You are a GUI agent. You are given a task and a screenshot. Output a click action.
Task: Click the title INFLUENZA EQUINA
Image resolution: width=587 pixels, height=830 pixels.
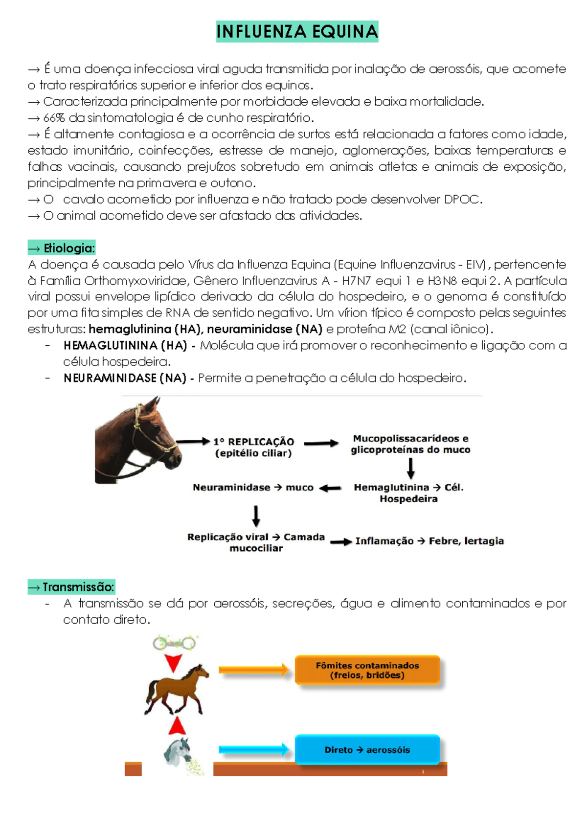click(x=297, y=32)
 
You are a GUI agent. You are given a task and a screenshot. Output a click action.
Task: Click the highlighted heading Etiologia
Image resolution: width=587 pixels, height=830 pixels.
click(x=62, y=248)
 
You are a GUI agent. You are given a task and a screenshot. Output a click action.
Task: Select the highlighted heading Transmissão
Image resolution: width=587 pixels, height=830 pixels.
click(x=71, y=587)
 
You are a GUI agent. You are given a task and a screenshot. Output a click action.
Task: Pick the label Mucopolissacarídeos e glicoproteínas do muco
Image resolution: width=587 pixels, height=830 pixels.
click(x=410, y=444)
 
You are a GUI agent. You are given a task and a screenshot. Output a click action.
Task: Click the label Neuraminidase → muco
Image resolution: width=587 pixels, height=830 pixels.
click(x=253, y=488)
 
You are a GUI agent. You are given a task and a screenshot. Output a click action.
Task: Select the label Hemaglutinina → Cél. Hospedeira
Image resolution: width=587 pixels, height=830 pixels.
click(x=408, y=493)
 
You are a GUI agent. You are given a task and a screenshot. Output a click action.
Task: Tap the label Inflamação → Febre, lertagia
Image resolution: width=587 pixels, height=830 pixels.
click(x=429, y=541)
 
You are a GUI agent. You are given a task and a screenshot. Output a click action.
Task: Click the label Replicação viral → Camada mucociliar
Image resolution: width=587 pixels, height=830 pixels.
click(x=256, y=542)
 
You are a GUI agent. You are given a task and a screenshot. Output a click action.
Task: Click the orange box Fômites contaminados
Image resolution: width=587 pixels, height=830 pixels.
click(x=367, y=670)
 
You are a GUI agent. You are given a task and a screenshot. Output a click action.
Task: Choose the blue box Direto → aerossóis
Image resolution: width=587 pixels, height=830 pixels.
click(x=367, y=750)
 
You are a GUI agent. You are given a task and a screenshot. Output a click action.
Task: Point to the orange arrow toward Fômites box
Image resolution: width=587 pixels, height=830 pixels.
click(x=254, y=670)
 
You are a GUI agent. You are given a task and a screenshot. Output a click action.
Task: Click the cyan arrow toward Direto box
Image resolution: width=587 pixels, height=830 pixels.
click(x=254, y=749)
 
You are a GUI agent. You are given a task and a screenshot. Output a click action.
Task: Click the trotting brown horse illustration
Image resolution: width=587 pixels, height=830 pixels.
click(x=177, y=690)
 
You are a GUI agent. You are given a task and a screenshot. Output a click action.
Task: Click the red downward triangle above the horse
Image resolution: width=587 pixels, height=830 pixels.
click(x=173, y=663)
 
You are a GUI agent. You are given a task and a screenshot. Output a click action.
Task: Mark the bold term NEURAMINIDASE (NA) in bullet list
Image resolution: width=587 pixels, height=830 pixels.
click(x=125, y=378)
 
